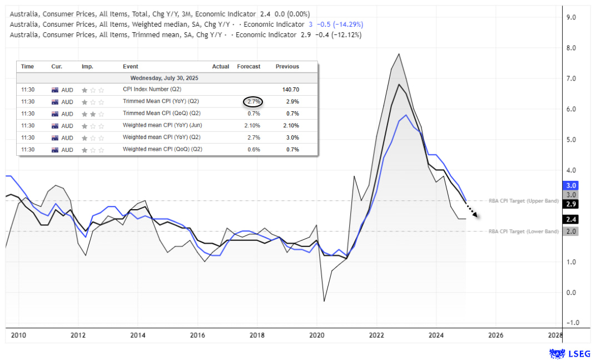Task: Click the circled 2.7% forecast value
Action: click(253, 102)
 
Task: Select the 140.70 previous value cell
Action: click(287, 90)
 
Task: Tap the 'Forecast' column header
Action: click(249, 67)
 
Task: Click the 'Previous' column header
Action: click(287, 67)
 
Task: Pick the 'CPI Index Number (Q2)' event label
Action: click(151, 90)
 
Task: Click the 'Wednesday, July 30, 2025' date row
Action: click(164, 78)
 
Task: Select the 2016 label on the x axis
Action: click(197, 336)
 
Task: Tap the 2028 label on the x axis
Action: click(554, 336)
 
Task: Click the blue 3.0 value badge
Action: click(570, 185)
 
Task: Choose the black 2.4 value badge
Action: click(570, 219)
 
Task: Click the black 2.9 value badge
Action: click(570, 204)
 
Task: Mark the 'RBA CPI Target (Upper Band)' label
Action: click(523, 201)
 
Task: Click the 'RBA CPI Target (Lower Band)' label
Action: click(523, 231)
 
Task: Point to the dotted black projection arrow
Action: click(471, 212)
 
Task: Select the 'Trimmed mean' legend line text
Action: click(186, 34)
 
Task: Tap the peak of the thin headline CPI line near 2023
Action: click(399, 54)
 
